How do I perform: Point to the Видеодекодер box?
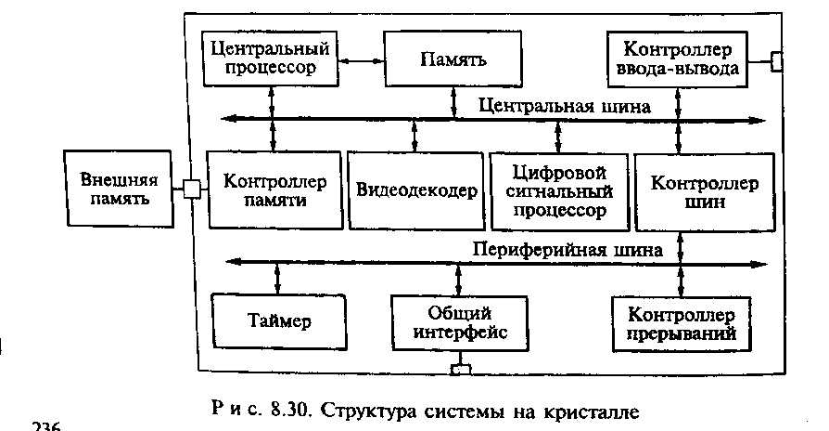[x=415, y=189]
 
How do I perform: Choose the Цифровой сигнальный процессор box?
[x=557, y=189]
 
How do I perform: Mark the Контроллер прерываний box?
[x=682, y=322]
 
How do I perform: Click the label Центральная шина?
[x=565, y=105]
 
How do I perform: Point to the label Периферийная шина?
[x=568, y=249]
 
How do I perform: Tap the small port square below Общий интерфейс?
[x=460, y=372]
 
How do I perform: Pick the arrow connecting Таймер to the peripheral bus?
[x=277, y=277]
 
